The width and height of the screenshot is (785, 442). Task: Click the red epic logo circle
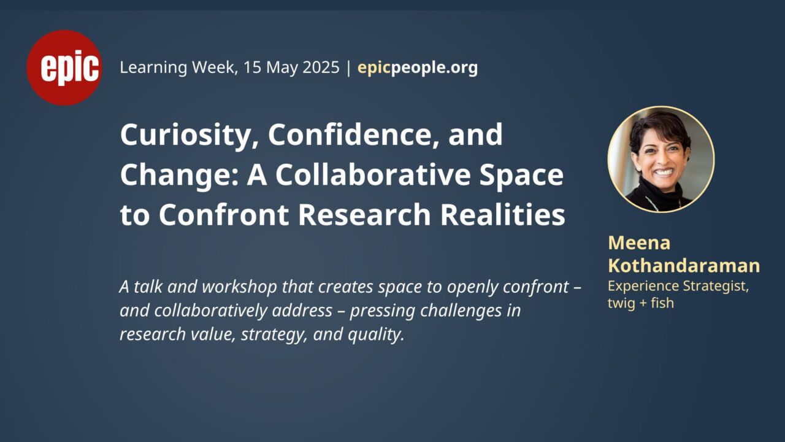pos(64,68)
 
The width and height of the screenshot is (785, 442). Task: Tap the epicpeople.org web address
pos(418,68)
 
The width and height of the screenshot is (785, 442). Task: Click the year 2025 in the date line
pos(321,67)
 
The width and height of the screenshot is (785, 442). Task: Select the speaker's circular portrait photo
pos(661,159)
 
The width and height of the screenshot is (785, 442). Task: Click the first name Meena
pos(639,242)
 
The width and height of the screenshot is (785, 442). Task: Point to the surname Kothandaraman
pos(684,265)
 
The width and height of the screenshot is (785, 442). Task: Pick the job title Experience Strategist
pos(678,287)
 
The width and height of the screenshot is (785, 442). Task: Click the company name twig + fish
pos(641,303)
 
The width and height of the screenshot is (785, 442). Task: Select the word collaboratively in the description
pos(210,311)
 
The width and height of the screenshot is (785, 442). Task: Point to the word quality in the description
pos(376,335)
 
